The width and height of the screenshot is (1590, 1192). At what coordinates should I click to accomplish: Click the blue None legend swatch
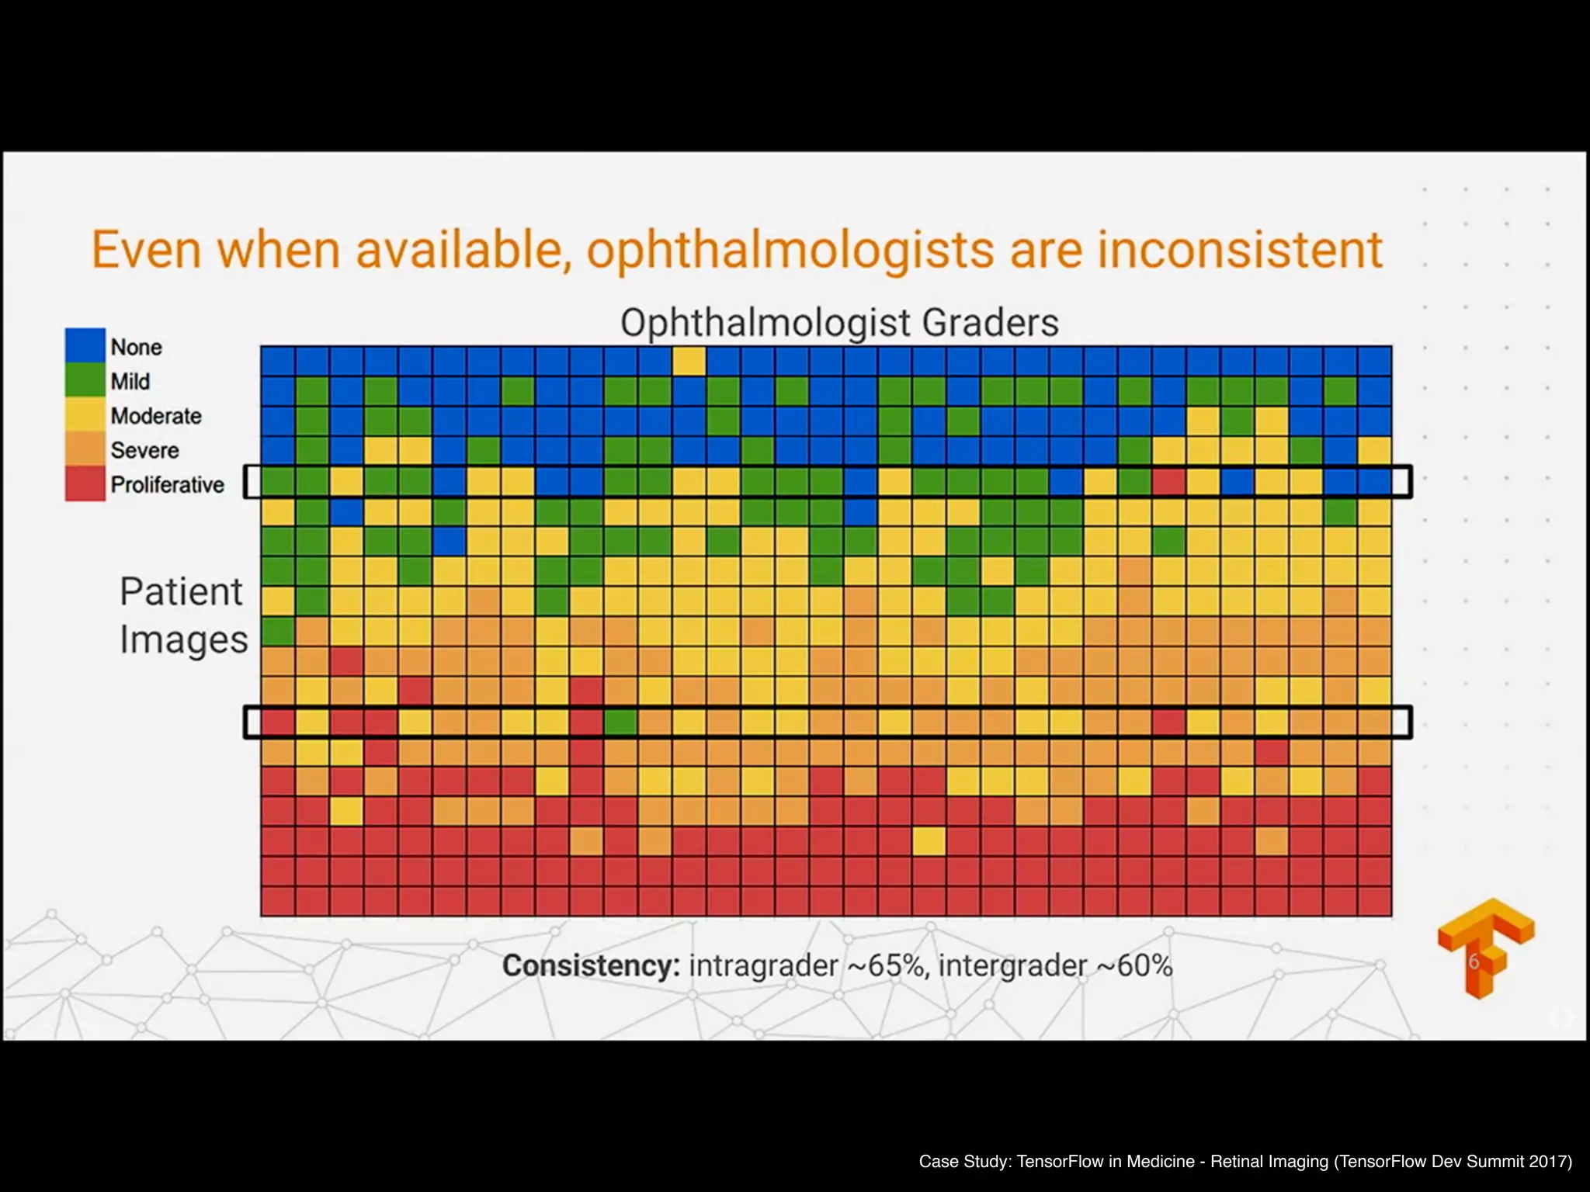85,346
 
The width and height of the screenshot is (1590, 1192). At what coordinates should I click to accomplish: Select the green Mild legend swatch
85,381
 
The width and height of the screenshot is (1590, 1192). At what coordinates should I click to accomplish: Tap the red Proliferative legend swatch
85,484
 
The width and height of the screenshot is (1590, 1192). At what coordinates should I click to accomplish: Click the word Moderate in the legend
156,416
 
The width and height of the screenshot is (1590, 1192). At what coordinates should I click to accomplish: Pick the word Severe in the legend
144,450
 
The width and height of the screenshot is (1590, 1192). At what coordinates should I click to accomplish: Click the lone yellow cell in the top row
689,361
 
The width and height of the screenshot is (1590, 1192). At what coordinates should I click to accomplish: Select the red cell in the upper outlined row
1168,482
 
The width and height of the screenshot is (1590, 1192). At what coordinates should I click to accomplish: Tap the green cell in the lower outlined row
620,722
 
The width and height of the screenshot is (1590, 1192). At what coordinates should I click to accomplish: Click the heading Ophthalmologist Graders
839,323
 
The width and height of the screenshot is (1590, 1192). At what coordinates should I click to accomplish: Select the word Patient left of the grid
181,592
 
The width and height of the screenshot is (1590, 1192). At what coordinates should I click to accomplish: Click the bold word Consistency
591,966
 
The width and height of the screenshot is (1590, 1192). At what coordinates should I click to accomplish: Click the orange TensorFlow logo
1484,947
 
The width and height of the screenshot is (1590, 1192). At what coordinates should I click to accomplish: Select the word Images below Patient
184,640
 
